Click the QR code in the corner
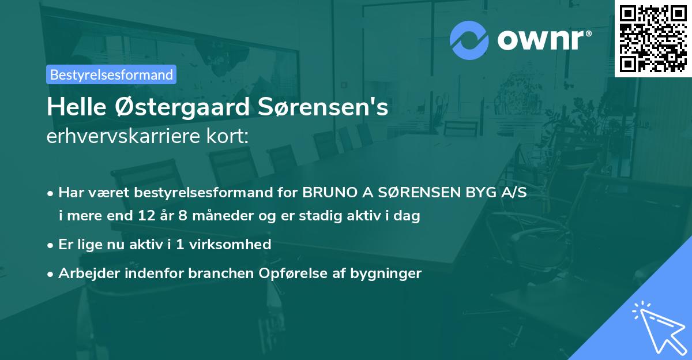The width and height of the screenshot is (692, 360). [x=653, y=38]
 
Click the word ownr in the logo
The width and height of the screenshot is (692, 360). [x=543, y=40]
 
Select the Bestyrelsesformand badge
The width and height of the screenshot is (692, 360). [x=111, y=74]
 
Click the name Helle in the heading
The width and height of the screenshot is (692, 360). [x=71, y=108]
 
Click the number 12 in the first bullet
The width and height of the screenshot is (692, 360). [x=146, y=217]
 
